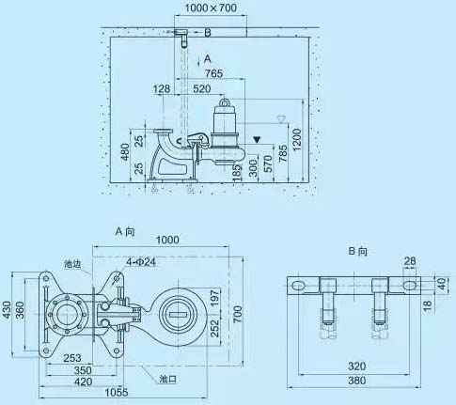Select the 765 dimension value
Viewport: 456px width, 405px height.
coord(214,72)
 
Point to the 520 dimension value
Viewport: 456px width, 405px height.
coord(201,88)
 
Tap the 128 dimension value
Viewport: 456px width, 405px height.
coord(161,88)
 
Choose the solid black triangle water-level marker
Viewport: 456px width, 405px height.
coord(257,139)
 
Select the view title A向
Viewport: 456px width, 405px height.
coord(126,230)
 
